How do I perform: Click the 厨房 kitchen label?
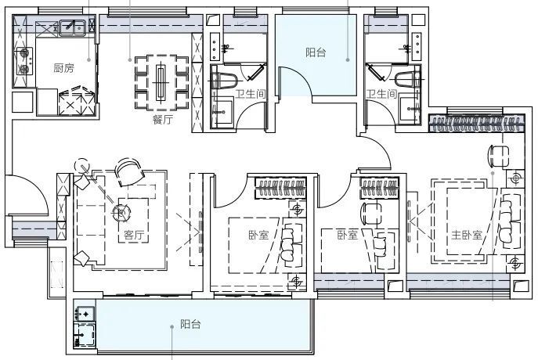pyautogui.click(x=63, y=68)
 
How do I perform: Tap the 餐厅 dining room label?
pyautogui.click(x=163, y=120)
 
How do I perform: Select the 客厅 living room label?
pyautogui.click(x=134, y=235)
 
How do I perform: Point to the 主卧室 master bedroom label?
pyautogui.click(x=467, y=235)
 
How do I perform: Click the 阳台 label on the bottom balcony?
pyautogui.click(x=190, y=324)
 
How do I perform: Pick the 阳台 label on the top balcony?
pyautogui.click(x=316, y=52)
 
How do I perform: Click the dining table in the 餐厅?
pyautogui.click(x=161, y=82)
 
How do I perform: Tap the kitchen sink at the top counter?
pyautogui.click(x=72, y=27)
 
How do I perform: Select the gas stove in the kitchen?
pyautogui.click(x=24, y=61)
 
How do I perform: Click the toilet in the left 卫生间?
pyautogui.click(x=225, y=81)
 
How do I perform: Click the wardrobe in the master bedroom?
pyautogui.click(x=477, y=124)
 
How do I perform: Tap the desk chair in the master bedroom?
pyautogui.click(x=498, y=156)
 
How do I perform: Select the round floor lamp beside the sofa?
pyautogui.click(x=82, y=165)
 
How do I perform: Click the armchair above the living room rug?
pyautogui.click(x=129, y=171)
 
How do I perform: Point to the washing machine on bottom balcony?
pyautogui.click(x=85, y=335)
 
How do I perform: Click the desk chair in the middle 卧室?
pyautogui.click(x=371, y=213)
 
